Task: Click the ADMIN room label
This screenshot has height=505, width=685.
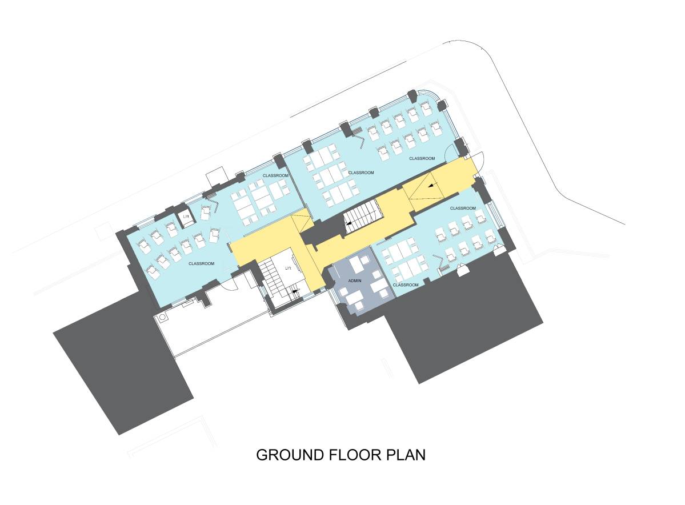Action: pyautogui.click(x=355, y=280)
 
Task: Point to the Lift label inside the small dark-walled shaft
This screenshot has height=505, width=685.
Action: pyautogui.click(x=186, y=217)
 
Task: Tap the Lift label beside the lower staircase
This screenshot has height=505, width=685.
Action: pyautogui.click(x=289, y=267)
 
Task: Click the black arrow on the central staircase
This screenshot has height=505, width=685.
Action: pyautogui.click(x=347, y=226)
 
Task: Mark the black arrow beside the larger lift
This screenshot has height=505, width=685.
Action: pyautogui.click(x=295, y=291)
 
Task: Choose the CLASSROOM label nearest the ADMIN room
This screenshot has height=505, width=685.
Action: pyautogui.click(x=406, y=284)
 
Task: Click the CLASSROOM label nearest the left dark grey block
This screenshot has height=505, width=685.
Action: pyautogui.click(x=201, y=263)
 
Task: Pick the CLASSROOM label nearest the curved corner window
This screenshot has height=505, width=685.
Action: pyautogui.click(x=422, y=158)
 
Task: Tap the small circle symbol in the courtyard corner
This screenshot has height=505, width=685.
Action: pyautogui.click(x=162, y=316)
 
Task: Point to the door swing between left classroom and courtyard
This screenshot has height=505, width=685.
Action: pyautogui.click(x=229, y=283)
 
